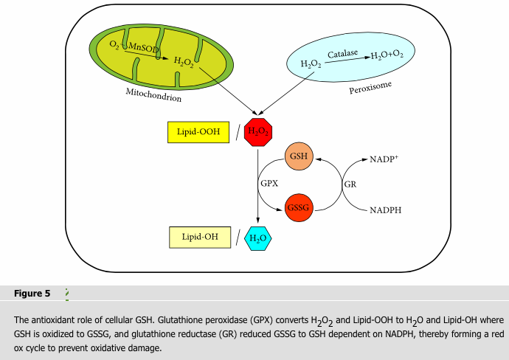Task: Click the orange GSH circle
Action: (x=300, y=156)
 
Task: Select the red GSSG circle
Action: (x=300, y=209)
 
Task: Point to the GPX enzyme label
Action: (x=269, y=183)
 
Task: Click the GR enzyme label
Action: (x=350, y=184)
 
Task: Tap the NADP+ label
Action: (x=384, y=159)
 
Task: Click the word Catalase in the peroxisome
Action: (x=342, y=55)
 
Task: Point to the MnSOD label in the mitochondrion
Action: (x=144, y=47)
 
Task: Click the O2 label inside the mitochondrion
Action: (x=114, y=45)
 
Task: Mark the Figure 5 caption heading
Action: (x=32, y=294)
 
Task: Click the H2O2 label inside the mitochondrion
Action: (x=184, y=61)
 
